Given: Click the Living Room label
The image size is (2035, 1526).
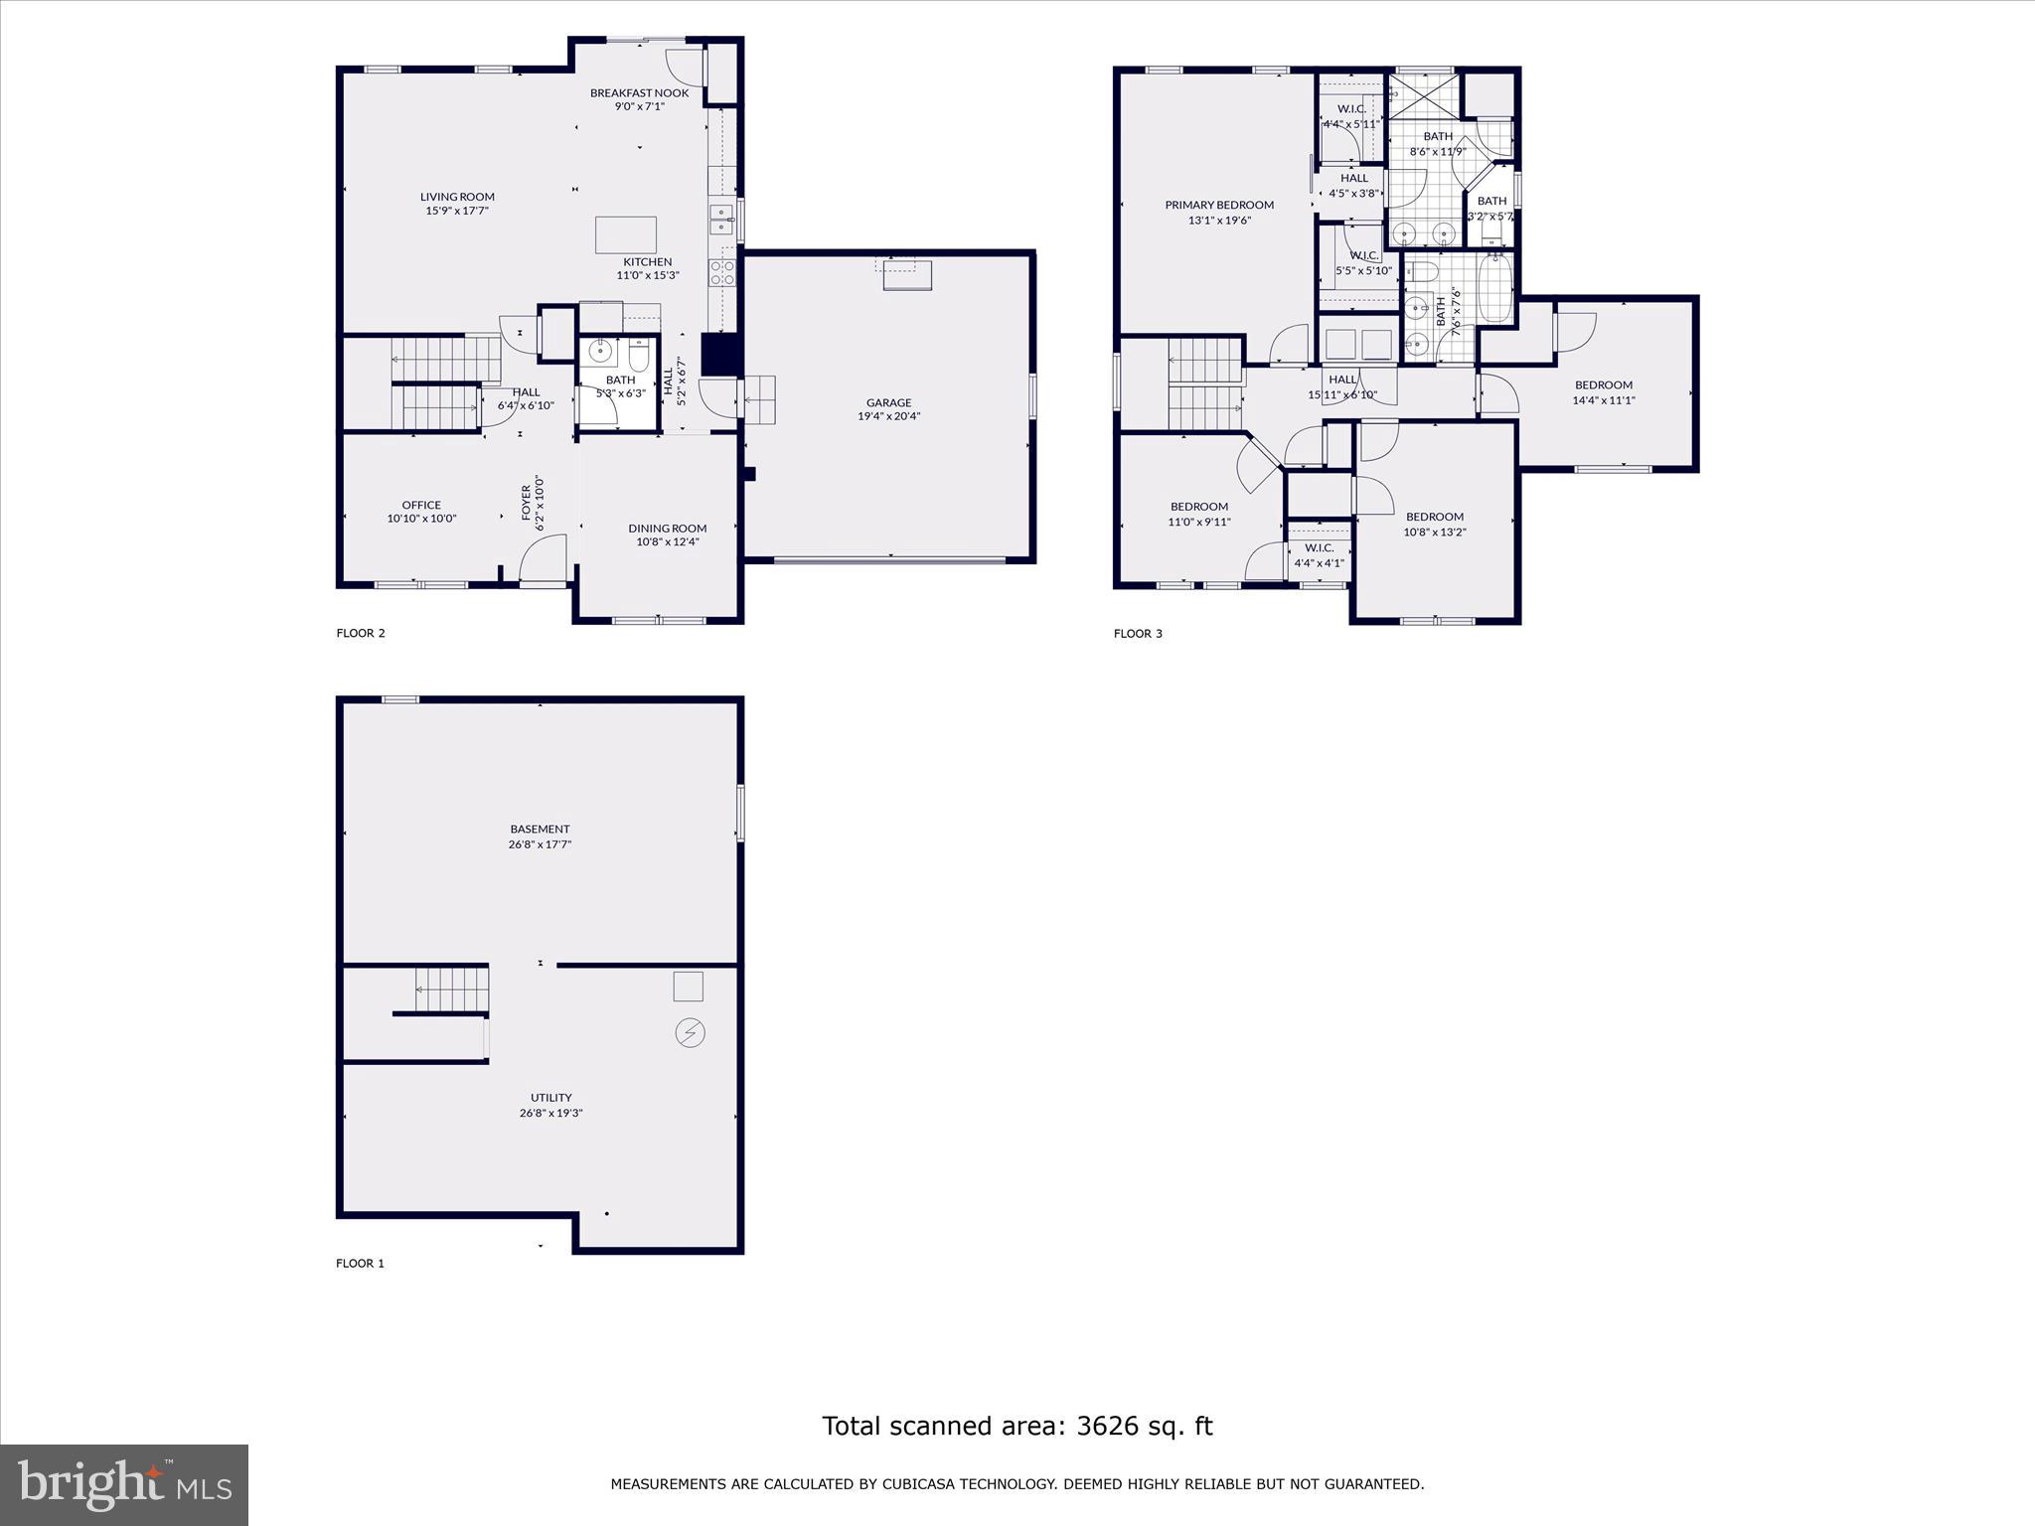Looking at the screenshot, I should click(457, 197).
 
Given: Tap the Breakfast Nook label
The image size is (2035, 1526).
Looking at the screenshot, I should click(639, 93).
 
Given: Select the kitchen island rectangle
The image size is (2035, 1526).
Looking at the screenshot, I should click(625, 235).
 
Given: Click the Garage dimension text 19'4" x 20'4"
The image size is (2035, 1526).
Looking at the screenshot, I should click(888, 416).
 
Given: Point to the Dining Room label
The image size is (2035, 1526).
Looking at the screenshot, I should click(667, 529).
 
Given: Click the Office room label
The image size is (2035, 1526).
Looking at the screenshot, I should click(421, 505).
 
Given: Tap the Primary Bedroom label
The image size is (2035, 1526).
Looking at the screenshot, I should click(1219, 206).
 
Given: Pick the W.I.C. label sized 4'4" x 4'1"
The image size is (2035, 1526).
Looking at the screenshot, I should click(1319, 555).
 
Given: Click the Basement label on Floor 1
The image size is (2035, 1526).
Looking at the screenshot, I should click(540, 830).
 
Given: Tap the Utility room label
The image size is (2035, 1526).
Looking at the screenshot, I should click(550, 1098).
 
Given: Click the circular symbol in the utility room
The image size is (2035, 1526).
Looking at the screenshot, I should click(690, 1033).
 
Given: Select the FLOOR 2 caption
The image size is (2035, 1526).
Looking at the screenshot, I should click(361, 633).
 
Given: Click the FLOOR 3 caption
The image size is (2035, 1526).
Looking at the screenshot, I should click(1138, 633).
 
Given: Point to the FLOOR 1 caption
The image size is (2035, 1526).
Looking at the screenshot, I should click(360, 1264).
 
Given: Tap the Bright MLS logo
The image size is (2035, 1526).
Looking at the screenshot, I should click(124, 1484).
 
